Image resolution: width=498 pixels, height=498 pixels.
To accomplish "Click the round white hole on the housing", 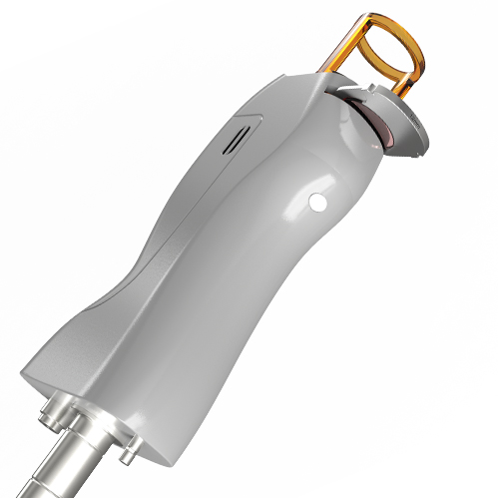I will tap(319, 202).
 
